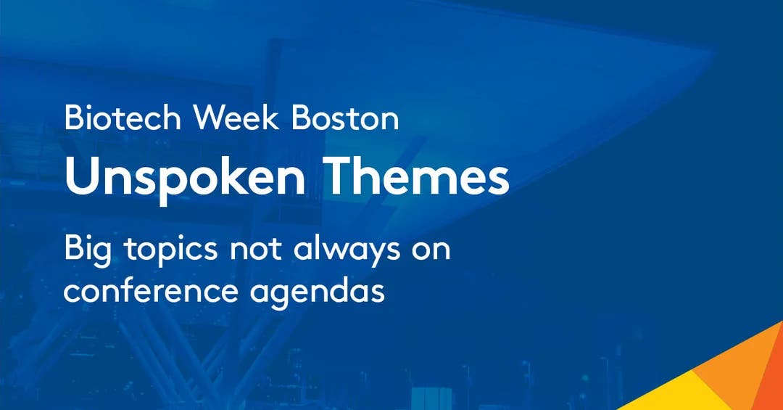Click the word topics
[171, 250]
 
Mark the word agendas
[318, 292]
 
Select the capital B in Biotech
[73, 118]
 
